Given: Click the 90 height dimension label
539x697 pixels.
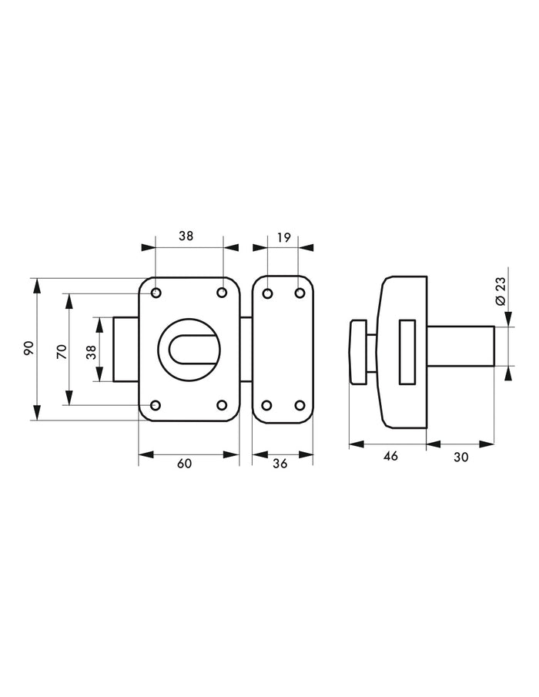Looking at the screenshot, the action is click(29, 348).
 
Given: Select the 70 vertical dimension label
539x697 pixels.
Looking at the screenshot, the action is click(62, 352).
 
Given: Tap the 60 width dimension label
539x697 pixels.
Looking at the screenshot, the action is click(184, 463).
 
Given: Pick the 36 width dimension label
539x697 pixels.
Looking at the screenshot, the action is click(280, 463).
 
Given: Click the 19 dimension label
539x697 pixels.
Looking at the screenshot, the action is click(283, 238).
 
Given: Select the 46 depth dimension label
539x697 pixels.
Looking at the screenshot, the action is click(390, 456).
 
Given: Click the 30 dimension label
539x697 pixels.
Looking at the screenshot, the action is click(461, 457).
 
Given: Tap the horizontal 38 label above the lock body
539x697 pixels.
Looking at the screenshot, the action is click(186, 236).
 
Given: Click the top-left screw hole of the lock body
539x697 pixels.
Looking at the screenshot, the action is click(156, 293).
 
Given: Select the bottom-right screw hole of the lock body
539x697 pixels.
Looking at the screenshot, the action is click(222, 405).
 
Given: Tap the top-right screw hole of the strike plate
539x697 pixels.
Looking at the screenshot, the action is click(300, 293).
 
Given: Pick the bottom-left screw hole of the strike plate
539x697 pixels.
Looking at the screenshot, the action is click(267, 405).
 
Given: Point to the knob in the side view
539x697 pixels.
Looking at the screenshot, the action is click(358, 352).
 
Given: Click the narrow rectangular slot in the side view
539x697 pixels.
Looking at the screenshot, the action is click(407, 352).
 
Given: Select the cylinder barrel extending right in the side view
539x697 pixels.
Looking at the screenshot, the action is click(460, 347).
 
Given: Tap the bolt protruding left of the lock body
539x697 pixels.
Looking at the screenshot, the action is click(126, 349).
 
